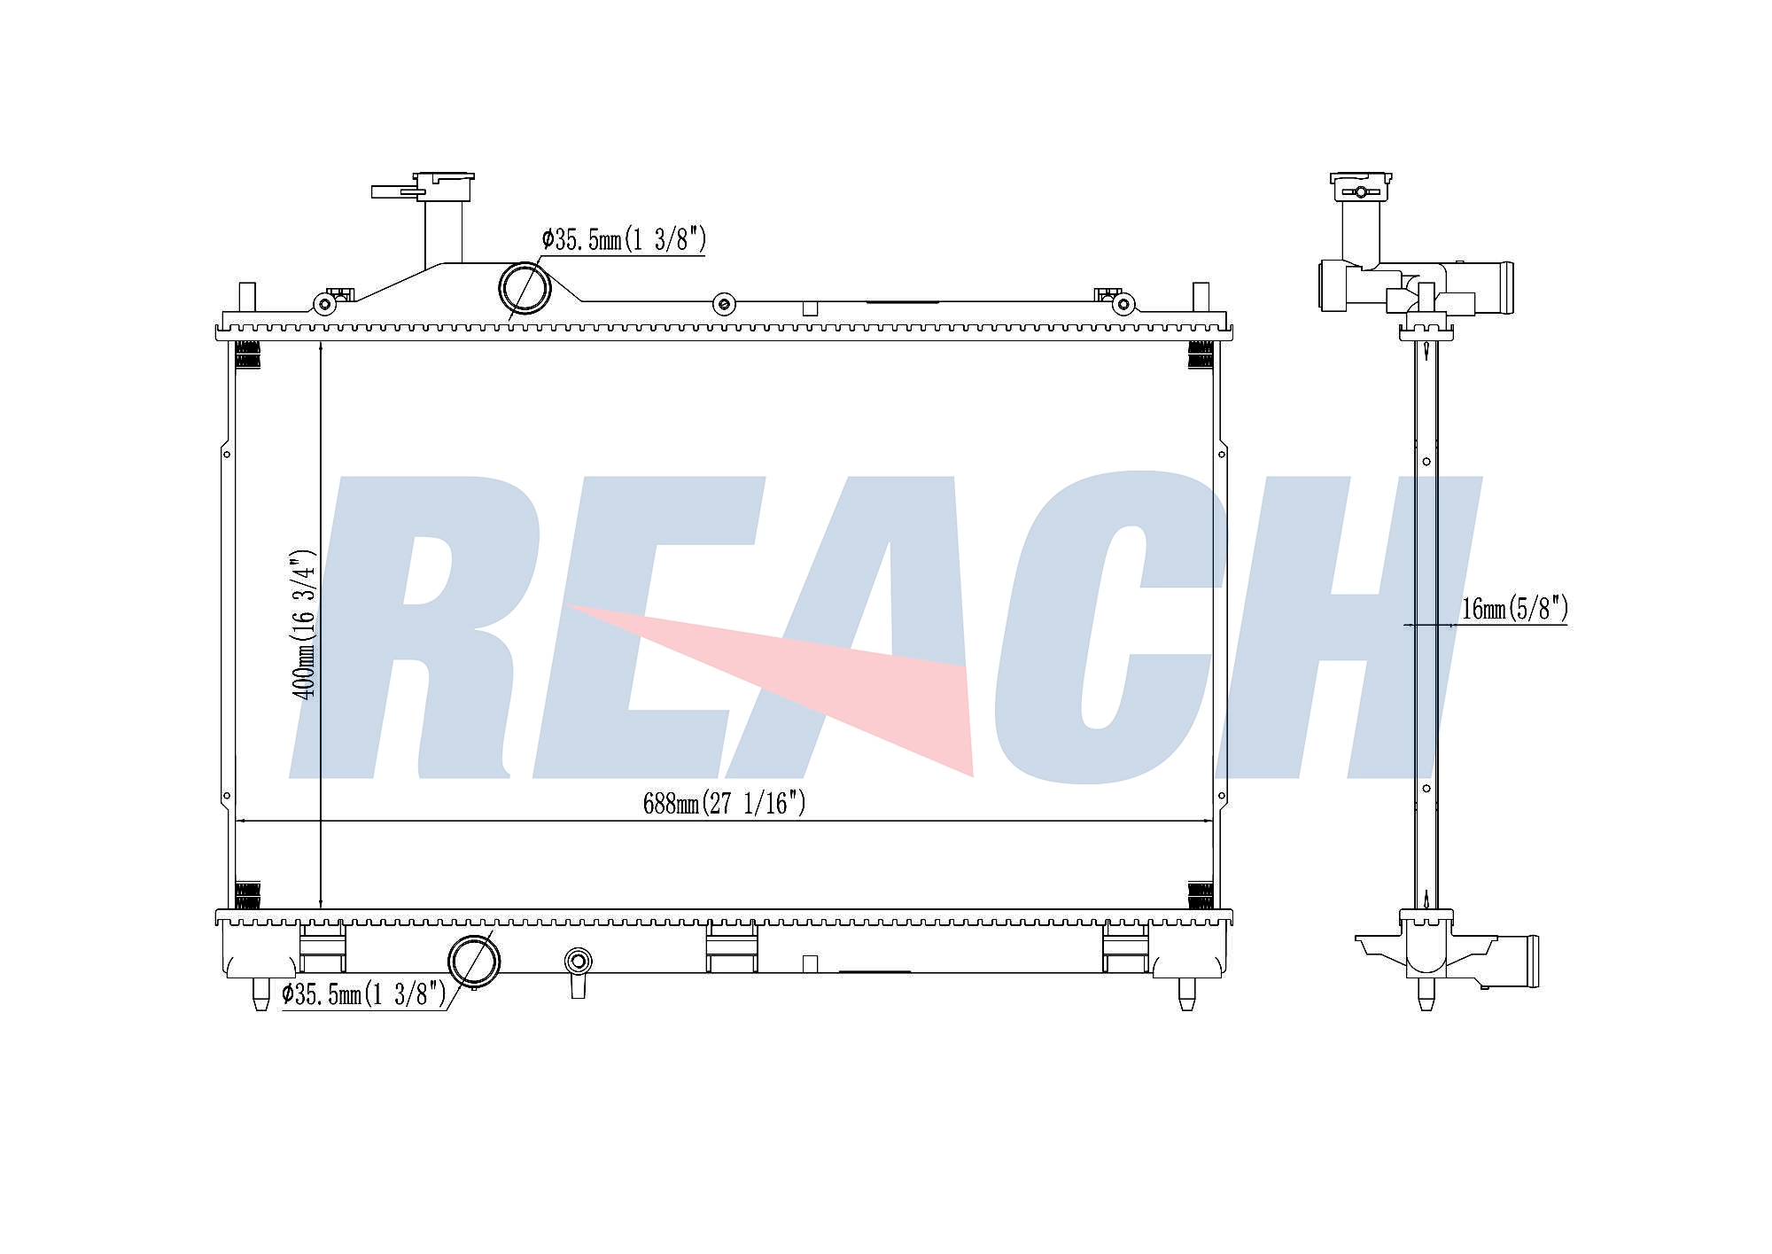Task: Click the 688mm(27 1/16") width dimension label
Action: click(724, 803)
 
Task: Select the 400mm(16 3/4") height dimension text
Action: click(305, 624)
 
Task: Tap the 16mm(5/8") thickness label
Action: click(1514, 609)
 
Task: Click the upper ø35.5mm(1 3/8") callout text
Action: click(624, 239)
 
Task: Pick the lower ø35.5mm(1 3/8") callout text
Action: click(364, 994)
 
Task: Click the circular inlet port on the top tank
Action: click(525, 288)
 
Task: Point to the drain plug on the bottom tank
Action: click(578, 971)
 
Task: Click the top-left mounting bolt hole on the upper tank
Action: click(325, 305)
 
